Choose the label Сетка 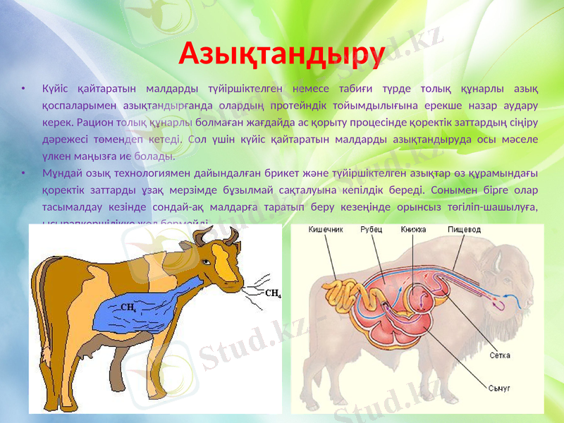(501, 355)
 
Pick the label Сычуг (500, 388)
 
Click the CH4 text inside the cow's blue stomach (128, 307)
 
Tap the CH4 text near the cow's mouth (273, 293)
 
